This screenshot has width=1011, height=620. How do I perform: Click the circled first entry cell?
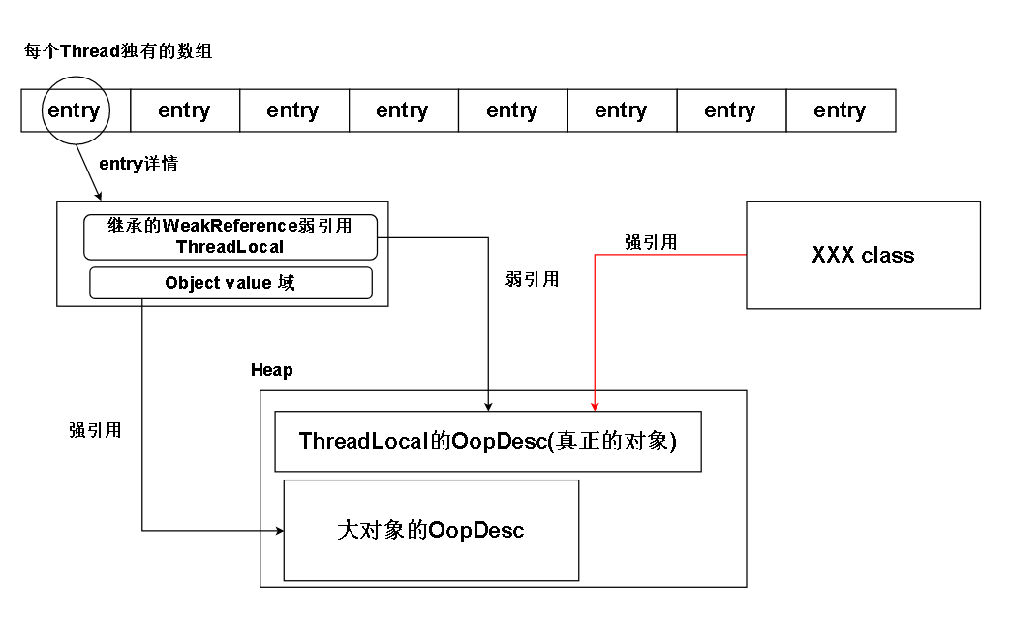tap(74, 110)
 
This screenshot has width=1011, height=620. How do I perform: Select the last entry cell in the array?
tap(840, 110)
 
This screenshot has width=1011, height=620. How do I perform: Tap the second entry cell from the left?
tap(184, 110)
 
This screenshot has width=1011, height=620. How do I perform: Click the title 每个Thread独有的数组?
tap(118, 52)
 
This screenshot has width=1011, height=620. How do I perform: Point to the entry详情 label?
tap(138, 164)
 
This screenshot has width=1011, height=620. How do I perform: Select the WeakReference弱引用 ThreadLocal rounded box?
tap(230, 236)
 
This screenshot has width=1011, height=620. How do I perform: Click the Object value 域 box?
tap(230, 283)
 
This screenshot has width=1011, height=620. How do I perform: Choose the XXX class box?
tap(863, 255)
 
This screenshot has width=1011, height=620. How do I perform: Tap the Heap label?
tap(271, 370)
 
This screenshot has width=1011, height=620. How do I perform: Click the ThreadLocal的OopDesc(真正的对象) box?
tap(488, 442)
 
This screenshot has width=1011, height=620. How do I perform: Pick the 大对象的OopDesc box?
tap(431, 530)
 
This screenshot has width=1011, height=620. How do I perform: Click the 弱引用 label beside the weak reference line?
tap(532, 279)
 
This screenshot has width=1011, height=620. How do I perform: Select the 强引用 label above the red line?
tap(651, 242)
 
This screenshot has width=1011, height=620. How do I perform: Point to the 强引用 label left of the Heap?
tap(95, 430)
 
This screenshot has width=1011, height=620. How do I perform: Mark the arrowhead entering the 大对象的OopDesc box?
tap(278, 530)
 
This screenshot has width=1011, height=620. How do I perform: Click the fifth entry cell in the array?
tap(512, 110)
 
